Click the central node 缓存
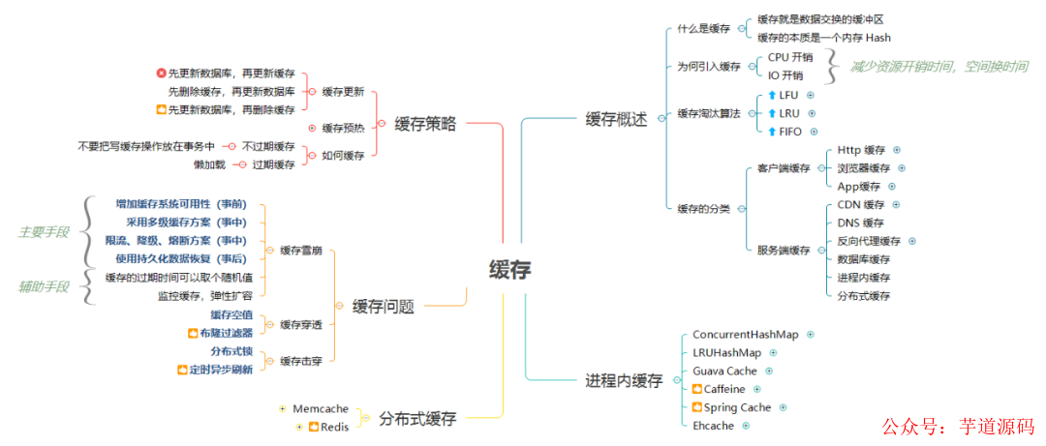click(509, 270)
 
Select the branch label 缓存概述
click(616, 119)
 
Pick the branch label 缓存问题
click(383, 307)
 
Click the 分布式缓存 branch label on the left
click(417, 418)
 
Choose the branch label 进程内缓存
click(624, 380)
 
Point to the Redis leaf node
click(335, 427)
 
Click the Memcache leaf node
click(320, 409)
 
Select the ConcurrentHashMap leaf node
click(745, 335)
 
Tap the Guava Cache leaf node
click(724, 371)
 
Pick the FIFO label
click(790, 132)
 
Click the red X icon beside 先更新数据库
click(161, 74)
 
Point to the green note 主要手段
click(44, 232)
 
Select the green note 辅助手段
click(44, 285)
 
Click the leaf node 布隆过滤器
click(226, 333)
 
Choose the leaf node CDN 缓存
click(861, 205)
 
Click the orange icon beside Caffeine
click(697, 389)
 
